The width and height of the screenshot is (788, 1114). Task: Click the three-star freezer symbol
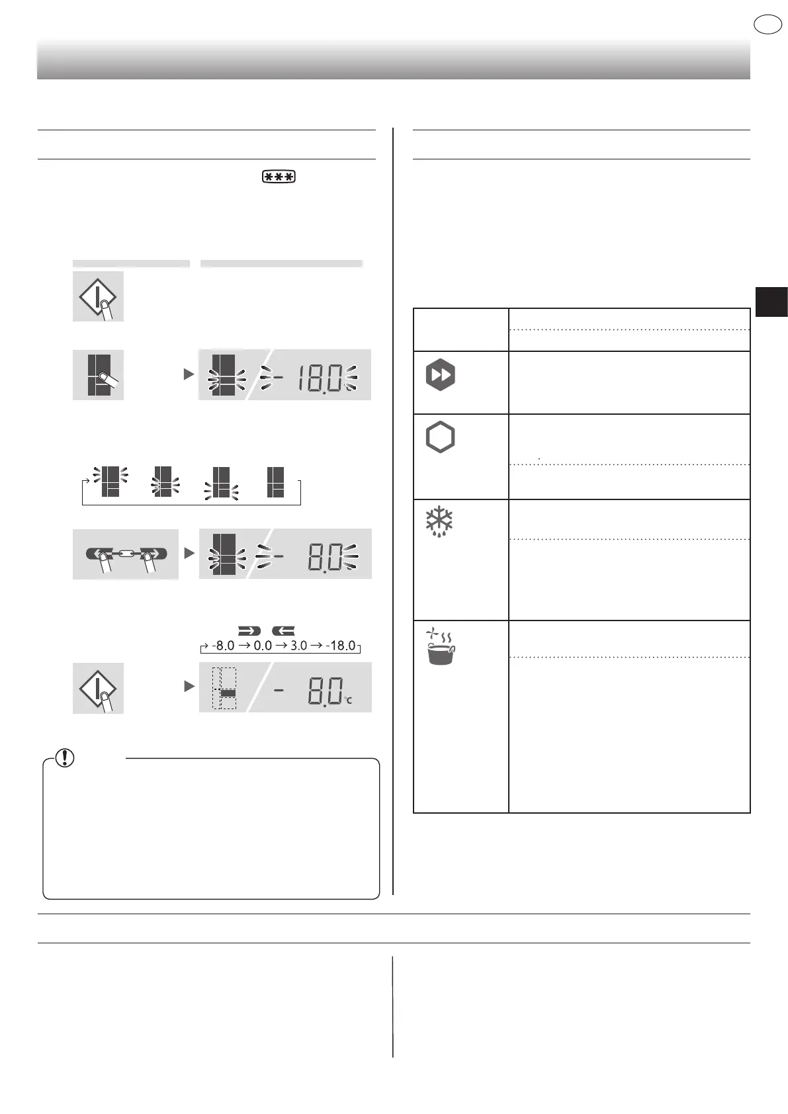coord(279,177)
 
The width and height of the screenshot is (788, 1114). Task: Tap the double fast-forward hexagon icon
coord(441,375)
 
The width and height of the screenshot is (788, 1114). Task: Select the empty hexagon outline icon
coord(441,437)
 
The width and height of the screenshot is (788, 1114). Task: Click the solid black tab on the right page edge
coord(771,302)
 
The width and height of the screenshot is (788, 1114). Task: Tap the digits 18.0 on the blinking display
coord(321,378)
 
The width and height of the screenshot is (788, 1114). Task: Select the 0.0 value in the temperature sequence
coord(263,646)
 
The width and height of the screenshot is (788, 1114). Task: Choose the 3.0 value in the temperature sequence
coord(298,646)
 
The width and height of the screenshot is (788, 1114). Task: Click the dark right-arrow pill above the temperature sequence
coord(249,631)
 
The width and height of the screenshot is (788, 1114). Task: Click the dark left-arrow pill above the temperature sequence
coord(283,631)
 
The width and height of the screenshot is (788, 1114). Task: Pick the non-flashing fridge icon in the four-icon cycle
coord(275,482)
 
